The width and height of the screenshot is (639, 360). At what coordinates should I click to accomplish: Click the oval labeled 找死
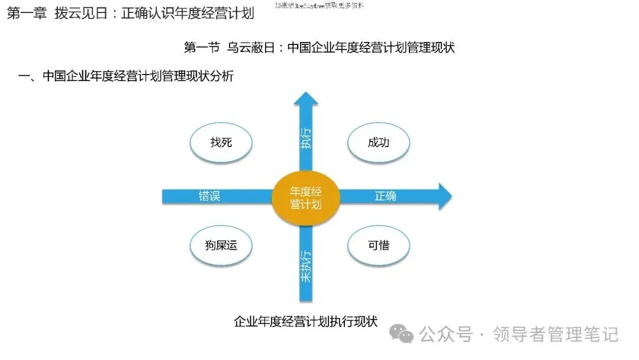click(221, 143)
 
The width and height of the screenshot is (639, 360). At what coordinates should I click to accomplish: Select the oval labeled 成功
click(379, 143)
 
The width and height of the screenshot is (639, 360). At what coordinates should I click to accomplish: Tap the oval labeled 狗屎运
click(221, 245)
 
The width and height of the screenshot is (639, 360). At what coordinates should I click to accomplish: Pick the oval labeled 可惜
click(379, 245)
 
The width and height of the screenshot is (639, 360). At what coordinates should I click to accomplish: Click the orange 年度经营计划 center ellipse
click(305, 198)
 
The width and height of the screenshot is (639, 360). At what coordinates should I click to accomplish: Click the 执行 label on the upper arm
click(305, 137)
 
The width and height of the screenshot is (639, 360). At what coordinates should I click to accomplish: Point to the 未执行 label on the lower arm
click(305, 266)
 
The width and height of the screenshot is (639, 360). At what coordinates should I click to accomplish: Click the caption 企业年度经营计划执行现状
click(305, 322)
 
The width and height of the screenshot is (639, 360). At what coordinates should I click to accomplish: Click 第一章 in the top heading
click(26, 14)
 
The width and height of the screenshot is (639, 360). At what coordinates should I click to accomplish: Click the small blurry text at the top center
click(319, 5)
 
